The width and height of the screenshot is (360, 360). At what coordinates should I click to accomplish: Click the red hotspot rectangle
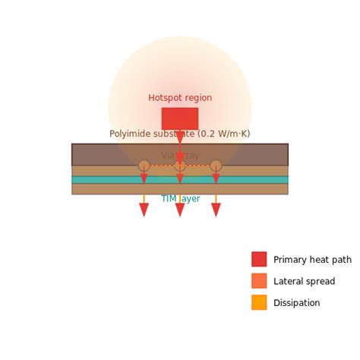coord(180,118)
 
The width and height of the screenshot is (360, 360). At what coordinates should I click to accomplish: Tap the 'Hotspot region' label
coord(180,98)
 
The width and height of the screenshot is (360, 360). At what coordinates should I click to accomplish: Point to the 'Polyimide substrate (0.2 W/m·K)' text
coord(180,134)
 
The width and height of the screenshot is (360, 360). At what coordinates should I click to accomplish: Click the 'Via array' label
coord(180,156)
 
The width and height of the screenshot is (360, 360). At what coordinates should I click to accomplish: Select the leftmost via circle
coord(144,166)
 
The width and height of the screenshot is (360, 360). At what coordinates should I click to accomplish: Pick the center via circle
coord(180,166)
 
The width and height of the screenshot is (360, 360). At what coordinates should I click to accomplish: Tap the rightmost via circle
coord(216,166)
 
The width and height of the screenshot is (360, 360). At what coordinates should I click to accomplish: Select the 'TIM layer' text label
coord(180,199)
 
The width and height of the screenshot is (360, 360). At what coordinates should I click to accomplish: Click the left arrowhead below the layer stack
coord(144,210)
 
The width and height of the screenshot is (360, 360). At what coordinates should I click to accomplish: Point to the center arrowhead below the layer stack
coord(180,210)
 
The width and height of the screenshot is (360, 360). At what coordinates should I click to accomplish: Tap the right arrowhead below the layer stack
coord(216,210)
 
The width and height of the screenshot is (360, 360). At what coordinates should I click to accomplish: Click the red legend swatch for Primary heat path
coord(259,259)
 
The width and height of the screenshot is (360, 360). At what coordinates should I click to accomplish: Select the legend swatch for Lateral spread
coord(259,281)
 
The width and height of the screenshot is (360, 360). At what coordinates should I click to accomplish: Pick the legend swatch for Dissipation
coord(259,302)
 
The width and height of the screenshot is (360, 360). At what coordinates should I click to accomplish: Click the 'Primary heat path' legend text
coord(312,260)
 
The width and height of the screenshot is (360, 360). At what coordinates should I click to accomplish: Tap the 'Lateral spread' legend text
coord(304,282)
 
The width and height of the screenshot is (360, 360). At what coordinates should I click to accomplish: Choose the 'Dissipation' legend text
coord(297,303)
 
